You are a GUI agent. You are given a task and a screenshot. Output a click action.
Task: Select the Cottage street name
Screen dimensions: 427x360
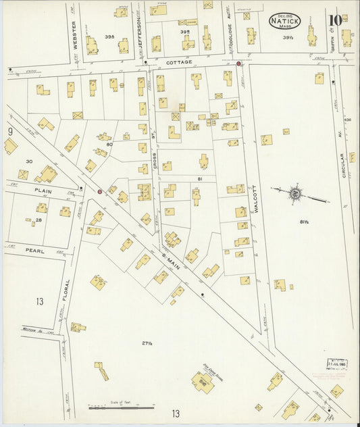tap(180, 62)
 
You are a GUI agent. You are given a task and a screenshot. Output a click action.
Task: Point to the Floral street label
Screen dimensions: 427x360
tap(68, 291)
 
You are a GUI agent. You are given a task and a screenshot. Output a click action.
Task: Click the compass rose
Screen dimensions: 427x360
tap(296, 195)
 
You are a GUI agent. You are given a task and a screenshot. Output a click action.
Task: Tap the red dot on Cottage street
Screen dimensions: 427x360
tap(239, 64)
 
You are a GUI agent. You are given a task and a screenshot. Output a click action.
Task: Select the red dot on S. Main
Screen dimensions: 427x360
tap(99, 192)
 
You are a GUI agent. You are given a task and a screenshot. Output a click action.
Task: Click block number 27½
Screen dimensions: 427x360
tap(128, 345)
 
